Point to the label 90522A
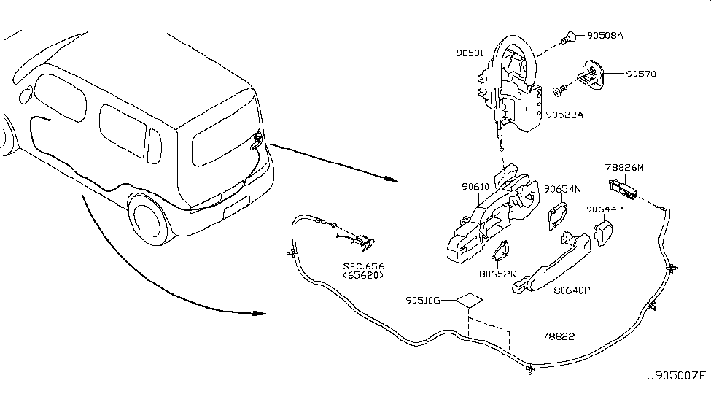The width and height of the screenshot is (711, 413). tap(565, 115)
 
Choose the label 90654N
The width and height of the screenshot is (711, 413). tap(562, 190)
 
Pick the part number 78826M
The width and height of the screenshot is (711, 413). tap(624, 168)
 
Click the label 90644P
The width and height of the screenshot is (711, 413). tap(605, 209)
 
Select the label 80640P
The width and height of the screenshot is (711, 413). tap(572, 289)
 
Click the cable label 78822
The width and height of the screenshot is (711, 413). tap(559, 337)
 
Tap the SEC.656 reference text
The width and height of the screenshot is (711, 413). tap(363, 266)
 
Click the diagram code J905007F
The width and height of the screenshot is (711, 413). tap(677, 377)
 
